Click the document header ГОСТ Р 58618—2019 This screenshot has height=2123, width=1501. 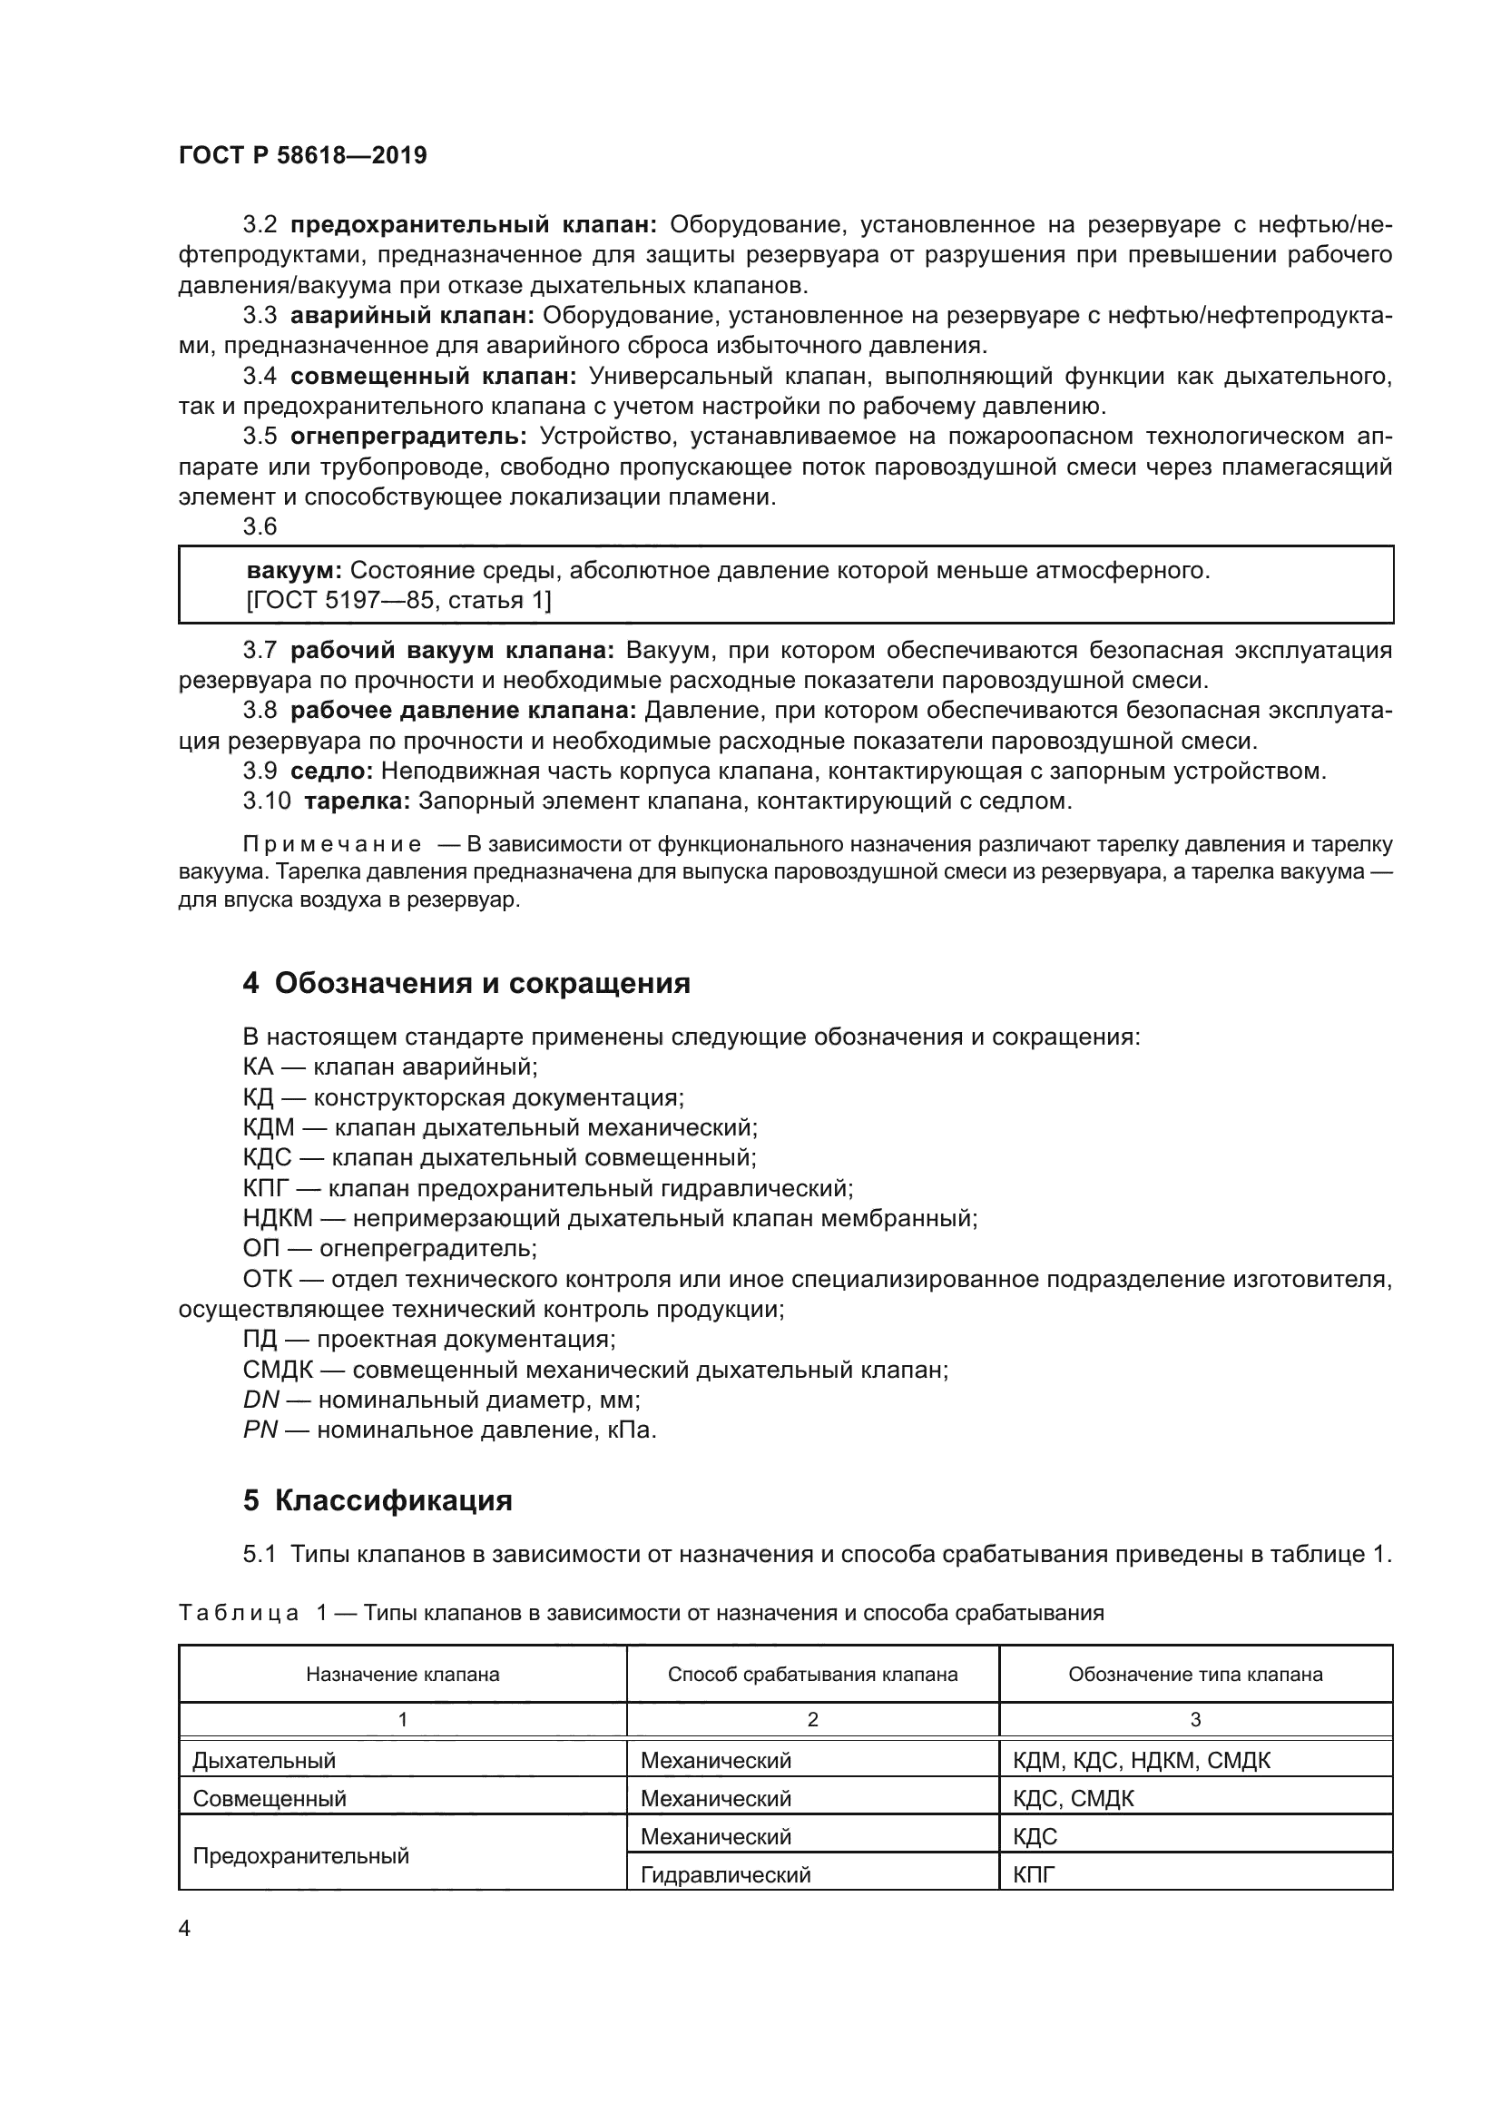[302, 155]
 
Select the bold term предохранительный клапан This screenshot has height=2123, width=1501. [473, 225]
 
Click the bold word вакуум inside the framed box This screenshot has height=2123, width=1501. [294, 571]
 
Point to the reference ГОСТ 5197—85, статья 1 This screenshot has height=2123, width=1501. [398, 601]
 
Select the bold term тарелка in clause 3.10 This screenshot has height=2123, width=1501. [357, 801]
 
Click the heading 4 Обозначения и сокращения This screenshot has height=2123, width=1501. [466, 983]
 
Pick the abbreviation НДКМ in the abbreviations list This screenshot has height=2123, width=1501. [278, 1219]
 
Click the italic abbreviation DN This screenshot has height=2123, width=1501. [260, 1400]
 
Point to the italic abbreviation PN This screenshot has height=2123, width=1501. [260, 1430]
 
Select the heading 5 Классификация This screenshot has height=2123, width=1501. [378, 1499]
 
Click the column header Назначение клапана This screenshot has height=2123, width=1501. [402, 1675]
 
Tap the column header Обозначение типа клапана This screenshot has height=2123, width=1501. [1195, 1675]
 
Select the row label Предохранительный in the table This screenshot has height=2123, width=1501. [300, 1856]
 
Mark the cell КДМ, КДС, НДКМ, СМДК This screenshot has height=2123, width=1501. [1142, 1761]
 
